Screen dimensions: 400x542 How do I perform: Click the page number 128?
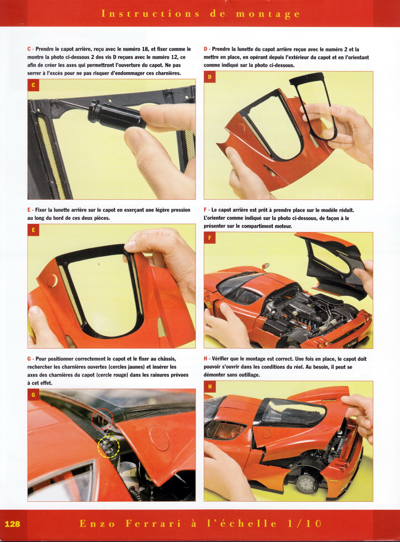pos(12,523)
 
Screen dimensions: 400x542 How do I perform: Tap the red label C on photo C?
pos(33,85)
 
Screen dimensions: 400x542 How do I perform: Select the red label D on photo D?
pos(210,77)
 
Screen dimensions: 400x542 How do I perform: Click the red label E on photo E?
pos(33,230)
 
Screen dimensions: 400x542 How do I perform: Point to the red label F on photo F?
pos(210,238)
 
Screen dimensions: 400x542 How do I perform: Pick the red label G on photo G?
pos(33,395)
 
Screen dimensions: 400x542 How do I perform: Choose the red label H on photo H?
pos(210,387)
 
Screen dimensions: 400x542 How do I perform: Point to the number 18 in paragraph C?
pos(145,49)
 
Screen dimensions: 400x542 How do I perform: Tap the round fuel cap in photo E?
pos(52,280)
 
